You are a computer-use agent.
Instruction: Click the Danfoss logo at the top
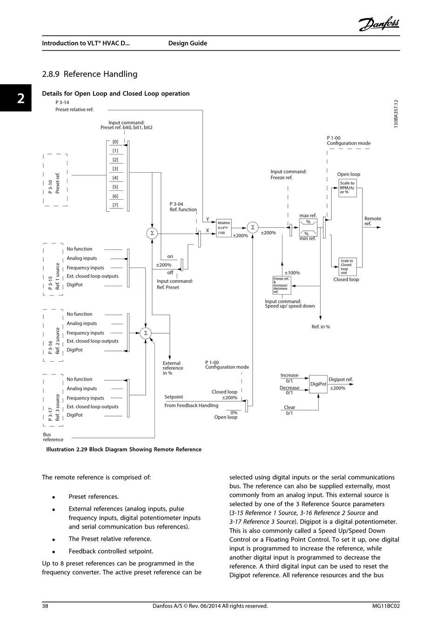point(379,24)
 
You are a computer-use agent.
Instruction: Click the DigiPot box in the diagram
point(318,384)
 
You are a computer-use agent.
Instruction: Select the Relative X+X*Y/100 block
point(224,228)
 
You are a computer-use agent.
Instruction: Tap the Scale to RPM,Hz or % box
point(348,188)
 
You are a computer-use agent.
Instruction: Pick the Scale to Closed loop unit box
point(348,267)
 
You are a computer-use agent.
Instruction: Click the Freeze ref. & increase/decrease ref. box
point(281,285)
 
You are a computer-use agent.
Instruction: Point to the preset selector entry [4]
point(115,178)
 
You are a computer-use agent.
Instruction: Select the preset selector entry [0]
point(115,141)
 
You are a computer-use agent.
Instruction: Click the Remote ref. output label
point(373,221)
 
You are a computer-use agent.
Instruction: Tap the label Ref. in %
point(321,326)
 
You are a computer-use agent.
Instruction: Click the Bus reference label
point(53,437)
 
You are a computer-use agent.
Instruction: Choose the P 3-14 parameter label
point(62,102)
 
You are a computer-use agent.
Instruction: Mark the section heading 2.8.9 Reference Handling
point(89,74)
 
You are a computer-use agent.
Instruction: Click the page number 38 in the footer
point(45,606)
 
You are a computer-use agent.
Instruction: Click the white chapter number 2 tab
point(21,98)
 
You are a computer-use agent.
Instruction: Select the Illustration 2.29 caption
point(124,449)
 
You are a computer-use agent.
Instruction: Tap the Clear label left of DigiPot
point(289,407)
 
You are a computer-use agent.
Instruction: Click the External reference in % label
point(173,368)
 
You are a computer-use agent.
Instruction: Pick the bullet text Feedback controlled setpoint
point(111,551)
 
